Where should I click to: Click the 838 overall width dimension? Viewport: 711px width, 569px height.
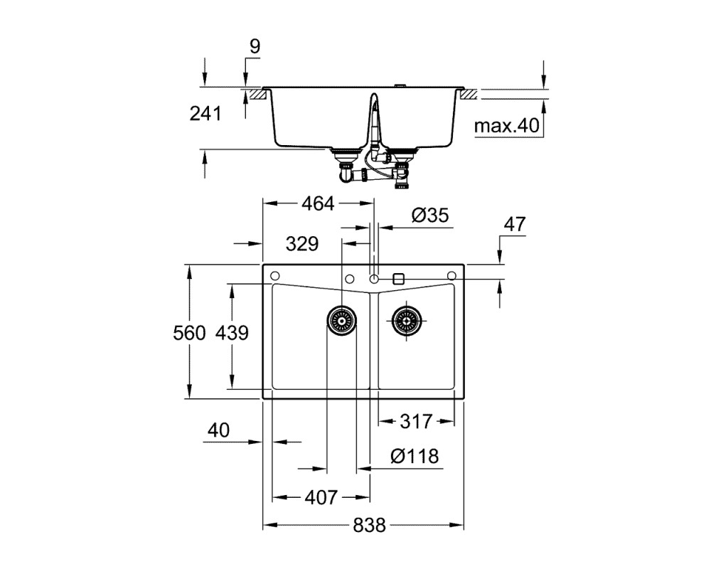[369, 526]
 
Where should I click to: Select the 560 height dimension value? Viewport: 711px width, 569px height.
[189, 333]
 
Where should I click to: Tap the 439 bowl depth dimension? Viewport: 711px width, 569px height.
[232, 333]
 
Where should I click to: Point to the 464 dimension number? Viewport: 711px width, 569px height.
[318, 203]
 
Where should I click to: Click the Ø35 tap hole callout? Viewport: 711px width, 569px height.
[430, 215]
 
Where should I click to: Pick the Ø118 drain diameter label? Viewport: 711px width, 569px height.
[415, 456]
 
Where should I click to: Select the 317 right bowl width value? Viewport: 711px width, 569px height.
[416, 422]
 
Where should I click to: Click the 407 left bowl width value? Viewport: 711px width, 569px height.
[321, 498]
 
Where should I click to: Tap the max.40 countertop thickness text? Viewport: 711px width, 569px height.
[506, 126]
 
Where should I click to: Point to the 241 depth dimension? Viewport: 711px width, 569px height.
[205, 113]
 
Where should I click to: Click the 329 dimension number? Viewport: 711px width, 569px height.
[302, 244]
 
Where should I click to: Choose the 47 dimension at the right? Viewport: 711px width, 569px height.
[515, 224]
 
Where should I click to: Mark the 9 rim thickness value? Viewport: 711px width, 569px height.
[255, 46]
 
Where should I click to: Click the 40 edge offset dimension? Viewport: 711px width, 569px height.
[218, 430]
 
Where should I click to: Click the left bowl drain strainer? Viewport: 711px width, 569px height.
[341, 320]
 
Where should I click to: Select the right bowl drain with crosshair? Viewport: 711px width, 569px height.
[406, 320]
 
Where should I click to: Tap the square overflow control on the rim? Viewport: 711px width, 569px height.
[399, 279]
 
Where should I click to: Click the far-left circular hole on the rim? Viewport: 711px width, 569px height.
[274, 276]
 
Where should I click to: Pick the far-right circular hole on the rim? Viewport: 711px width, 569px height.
[451, 276]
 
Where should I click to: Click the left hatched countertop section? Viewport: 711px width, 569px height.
[256, 95]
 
